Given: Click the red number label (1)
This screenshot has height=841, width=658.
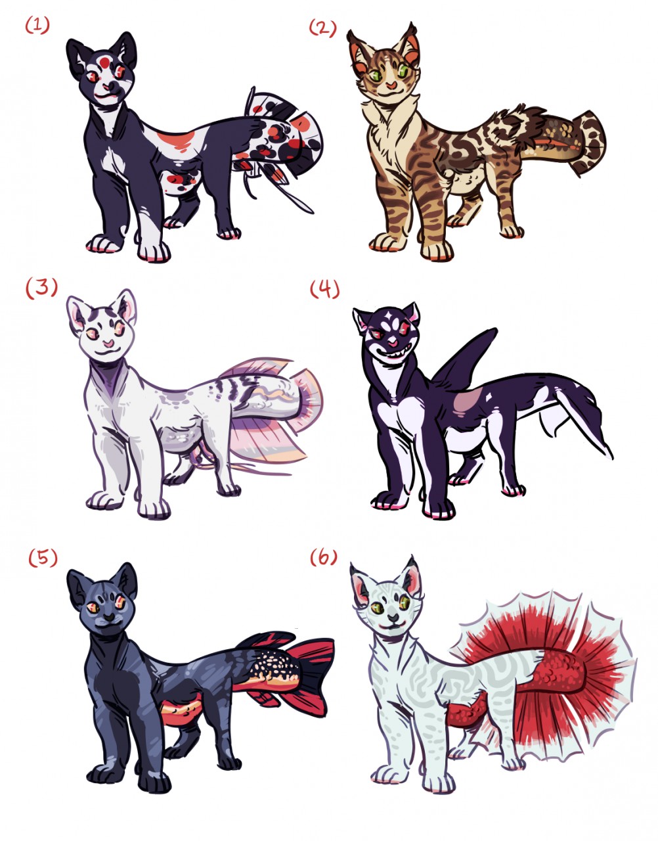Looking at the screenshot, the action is pos(37,26).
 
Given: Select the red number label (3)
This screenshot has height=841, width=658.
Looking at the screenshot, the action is pos(41,288).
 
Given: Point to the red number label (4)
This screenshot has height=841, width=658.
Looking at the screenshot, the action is pos(324,290).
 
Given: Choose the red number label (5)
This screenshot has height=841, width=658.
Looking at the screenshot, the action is pos(43,558).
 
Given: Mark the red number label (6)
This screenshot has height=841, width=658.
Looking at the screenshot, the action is pos(323,557).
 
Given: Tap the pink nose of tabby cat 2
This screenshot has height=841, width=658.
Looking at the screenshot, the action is pos(391,85).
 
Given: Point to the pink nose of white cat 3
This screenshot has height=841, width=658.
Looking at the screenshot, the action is pos(108,343).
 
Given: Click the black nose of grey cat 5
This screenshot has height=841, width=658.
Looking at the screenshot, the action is pos(109,617).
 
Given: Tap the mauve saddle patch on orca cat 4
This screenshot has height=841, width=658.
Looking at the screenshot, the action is pos(468,403).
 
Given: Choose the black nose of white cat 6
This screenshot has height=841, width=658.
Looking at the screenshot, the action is pos(393,617).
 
